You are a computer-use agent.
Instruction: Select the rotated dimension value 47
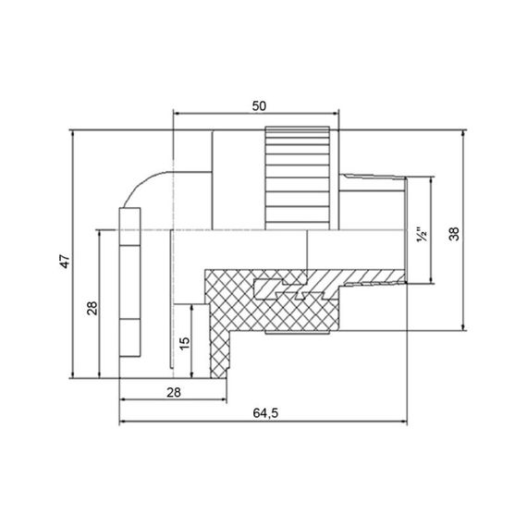[x=64, y=263]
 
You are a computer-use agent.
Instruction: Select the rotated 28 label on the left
[x=92, y=307]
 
